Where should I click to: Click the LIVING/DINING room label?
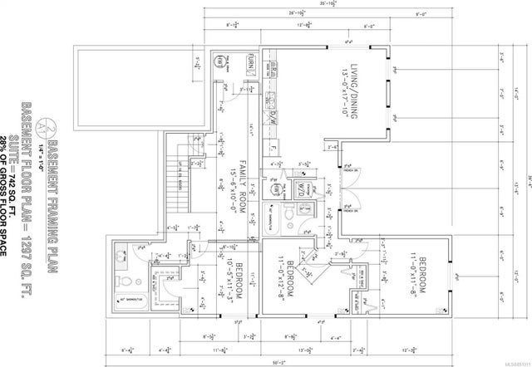point(353,87)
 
